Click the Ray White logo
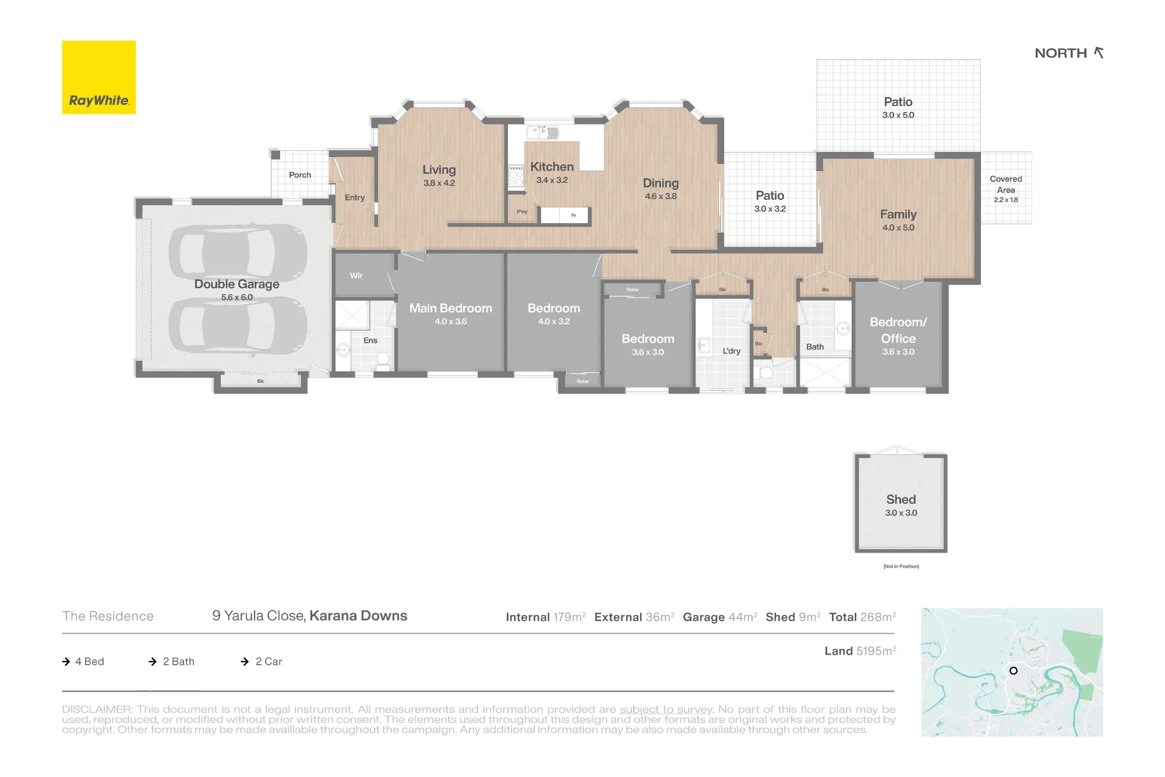99,77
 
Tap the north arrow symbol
1099,52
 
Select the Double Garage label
236,284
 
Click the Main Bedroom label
450,308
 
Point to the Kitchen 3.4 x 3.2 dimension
552,180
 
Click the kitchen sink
542,132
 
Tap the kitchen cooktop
516,176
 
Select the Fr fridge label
574,216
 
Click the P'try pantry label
522,211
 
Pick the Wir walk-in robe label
356,276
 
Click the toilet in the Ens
383,361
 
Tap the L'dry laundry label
732,351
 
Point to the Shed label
901,499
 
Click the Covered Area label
1006,184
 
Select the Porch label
300,175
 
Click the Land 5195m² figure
860,651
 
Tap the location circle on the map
1014,670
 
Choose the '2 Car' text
269,662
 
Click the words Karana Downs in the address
358,616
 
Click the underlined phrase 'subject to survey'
666,709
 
